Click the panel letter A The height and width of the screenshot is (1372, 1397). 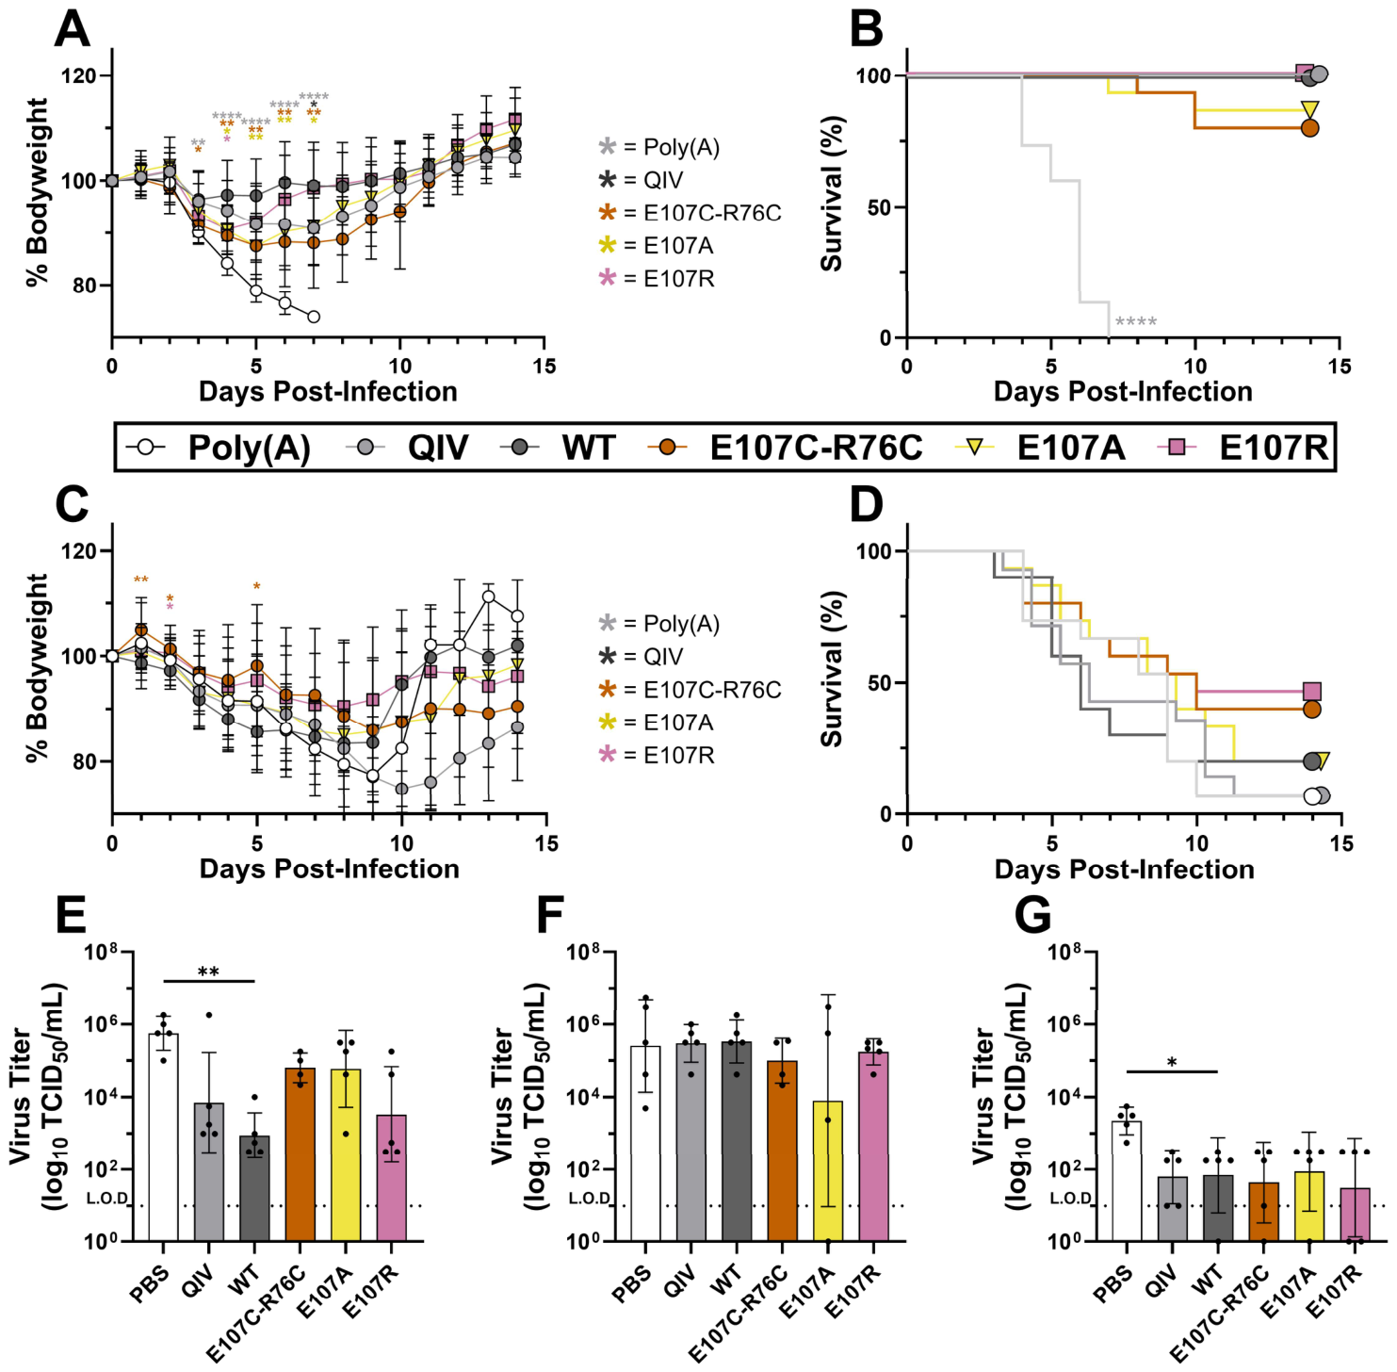(72, 28)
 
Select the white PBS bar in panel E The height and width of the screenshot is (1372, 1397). (164, 1136)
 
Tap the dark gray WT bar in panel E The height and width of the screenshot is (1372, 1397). (254, 1188)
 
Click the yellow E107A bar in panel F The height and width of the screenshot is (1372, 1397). (828, 1170)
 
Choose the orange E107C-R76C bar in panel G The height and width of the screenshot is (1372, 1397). (1263, 1211)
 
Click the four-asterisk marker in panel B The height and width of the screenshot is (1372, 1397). (1136, 322)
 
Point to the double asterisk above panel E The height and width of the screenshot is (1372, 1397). (208, 972)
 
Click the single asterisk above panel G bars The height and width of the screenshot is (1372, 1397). (1172, 1063)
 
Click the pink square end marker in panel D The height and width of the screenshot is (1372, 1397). (1311, 692)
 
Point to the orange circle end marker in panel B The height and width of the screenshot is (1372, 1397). (1309, 128)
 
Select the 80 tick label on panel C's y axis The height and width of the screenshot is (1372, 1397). (85, 761)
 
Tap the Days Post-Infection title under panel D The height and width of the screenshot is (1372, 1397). (1125, 869)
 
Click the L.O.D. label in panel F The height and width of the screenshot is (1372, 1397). (590, 1199)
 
